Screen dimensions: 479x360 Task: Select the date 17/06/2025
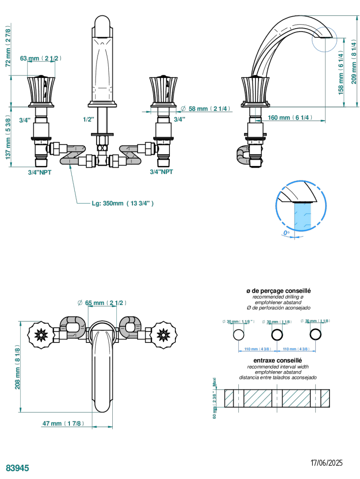(x=327, y=463)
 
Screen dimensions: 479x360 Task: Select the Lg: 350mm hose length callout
(x=123, y=203)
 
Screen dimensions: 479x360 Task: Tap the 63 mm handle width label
(x=40, y=58)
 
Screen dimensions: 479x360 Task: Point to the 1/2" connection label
(x=89, y=119)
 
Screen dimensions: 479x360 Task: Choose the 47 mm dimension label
(x=64, y=423)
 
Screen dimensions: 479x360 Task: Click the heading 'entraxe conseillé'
(x=281, y=361)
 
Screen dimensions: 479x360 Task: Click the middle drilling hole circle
(x=278, y=335)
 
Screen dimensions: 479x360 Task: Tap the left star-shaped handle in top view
(x=39, y=335)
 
